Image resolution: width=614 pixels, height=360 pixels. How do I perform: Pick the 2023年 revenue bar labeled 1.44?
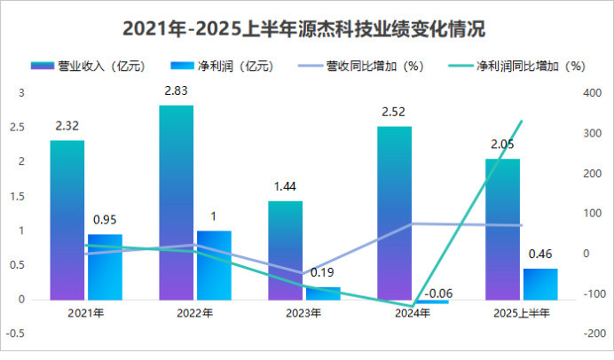click(285, 250)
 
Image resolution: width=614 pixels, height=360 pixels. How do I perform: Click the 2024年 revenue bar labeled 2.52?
click(394, 213)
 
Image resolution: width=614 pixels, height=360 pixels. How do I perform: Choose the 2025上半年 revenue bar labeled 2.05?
click(502, 229)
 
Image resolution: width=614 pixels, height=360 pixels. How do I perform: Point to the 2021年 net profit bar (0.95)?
click(105, 266)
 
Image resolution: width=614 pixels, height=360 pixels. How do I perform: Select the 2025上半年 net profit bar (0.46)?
click(540, 284)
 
